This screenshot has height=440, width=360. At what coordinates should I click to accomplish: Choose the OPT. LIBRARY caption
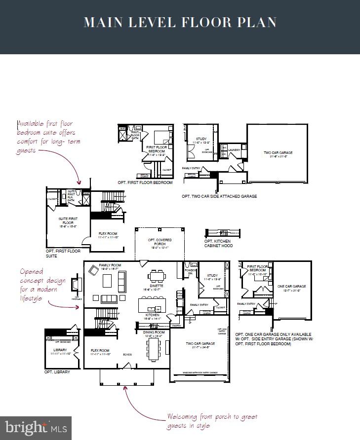(57, 372)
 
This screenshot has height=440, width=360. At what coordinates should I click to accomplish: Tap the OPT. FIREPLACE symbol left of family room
(76, 286)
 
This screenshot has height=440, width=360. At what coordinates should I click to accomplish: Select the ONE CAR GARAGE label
(291, 286)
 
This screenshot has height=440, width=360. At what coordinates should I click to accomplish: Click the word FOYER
(127, 354)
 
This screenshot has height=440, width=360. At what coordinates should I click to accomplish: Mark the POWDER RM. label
(191, 271)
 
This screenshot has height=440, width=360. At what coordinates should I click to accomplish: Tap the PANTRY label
(176, 325)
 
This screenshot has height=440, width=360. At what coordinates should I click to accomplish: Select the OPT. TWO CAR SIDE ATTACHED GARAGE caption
(219, 196)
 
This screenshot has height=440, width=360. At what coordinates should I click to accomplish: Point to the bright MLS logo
(36, 428)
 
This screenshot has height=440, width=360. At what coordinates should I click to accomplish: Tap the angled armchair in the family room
(92, 270)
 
